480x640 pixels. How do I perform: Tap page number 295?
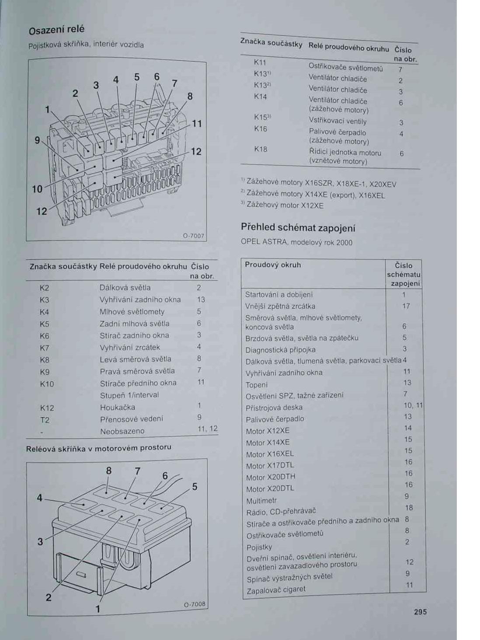pos(420,612)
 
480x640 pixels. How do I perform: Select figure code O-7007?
pos(193,236)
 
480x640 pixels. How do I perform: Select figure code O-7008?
pos(195,604)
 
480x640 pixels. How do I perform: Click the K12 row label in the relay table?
pos(47,408)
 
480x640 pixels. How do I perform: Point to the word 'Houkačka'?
pos(118,407)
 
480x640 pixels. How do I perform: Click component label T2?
pos(45,420)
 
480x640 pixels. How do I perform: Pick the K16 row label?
pos(261,129)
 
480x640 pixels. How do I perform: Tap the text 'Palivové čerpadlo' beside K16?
pos(337,132)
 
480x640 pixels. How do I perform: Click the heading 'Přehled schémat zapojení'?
pos(298,227)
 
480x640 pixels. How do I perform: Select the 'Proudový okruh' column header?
pos(273,265)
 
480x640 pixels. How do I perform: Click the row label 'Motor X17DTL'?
pos(270,465)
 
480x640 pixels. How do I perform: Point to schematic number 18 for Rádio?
pos(409,508)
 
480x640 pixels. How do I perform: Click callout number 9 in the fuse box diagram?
pos(38,140)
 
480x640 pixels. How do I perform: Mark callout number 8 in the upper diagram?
pos(190,96)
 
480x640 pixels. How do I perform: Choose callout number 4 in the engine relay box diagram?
pos(39,497)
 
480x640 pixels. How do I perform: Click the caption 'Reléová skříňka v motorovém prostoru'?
pos(98,448)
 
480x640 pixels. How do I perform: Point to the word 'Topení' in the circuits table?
pos(257,385)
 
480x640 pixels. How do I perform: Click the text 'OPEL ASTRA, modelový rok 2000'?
pos(296,242)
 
